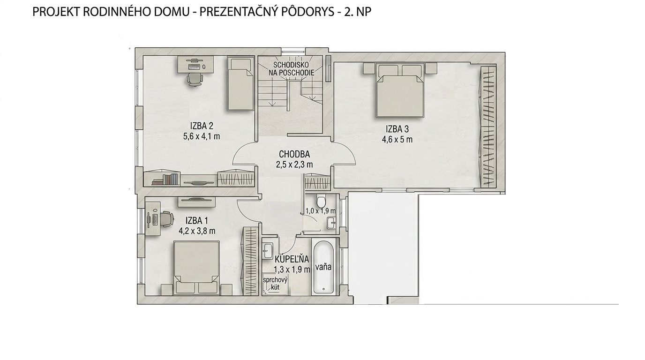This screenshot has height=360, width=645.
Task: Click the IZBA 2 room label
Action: tap(202, 126)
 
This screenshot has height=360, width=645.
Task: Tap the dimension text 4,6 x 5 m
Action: tap(397, 140)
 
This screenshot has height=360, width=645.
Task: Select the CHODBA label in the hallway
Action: tap(294, 154)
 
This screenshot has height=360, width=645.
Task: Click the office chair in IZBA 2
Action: tap(195, 79)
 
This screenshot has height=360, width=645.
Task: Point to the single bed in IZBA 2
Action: tap(240, 84)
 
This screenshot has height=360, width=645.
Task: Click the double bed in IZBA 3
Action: tap(400, 90)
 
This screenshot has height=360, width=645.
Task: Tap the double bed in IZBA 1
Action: tap(197, 268)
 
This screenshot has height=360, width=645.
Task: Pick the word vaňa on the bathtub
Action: tap(323, 267)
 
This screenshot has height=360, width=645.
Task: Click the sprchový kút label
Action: tap(275, 283)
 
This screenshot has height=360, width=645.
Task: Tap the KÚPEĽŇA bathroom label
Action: tap(292, 259)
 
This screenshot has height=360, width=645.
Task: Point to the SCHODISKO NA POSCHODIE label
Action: tap(291, 68)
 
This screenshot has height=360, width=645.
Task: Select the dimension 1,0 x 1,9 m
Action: tap(321, 211)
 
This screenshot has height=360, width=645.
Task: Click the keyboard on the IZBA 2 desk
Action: tap(194, 67)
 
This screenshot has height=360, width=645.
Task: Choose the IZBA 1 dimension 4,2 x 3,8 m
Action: tap(197, 231)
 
